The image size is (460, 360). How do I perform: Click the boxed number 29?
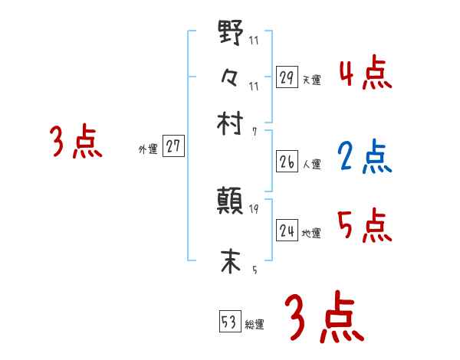[287, 77]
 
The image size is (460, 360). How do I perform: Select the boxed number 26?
[287, 162]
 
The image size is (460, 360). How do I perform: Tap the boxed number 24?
[287, 231]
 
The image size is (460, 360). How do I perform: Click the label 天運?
[312, 80]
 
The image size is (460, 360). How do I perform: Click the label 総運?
[255, 324]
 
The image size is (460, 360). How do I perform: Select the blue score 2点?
[365, 158]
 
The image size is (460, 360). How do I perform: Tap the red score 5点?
[365, 225]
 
